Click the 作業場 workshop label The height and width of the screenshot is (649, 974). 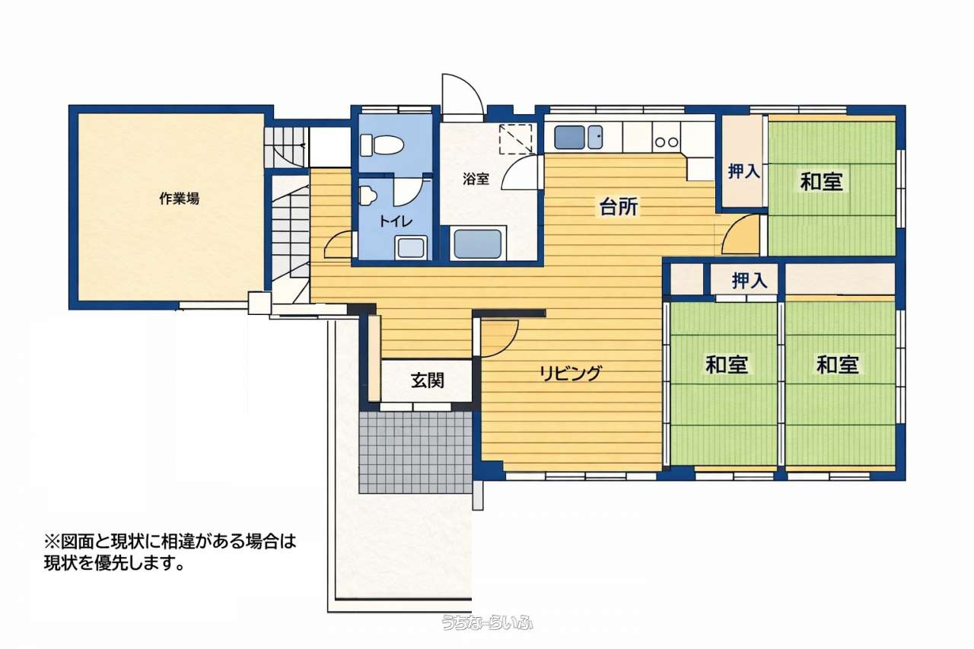(179, 199)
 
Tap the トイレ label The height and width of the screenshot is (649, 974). (395, 221)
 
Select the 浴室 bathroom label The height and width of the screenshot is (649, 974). (476, 179)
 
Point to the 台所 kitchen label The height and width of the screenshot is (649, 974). (619, 207)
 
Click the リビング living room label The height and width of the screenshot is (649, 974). (571, 373)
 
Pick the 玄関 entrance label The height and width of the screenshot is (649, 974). (428, 380)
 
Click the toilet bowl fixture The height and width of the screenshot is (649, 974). (381, 145)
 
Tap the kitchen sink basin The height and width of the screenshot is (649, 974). (569, 137)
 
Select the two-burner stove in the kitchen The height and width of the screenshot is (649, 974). (666, 142)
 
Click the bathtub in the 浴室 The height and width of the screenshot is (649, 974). (477, 244)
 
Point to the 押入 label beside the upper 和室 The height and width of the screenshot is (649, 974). (744, 171)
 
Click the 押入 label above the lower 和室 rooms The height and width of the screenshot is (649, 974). (750, 281)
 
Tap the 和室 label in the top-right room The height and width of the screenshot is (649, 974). (821, 181)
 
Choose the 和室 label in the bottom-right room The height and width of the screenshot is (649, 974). (838, 364)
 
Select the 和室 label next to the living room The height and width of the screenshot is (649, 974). (727, 364)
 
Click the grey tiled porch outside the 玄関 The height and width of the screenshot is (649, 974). (415, 452)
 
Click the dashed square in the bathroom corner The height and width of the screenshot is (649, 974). (516, 138)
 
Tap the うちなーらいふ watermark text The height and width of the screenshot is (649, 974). (487, 622)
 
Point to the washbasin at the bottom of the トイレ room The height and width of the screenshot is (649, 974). (411, 248)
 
